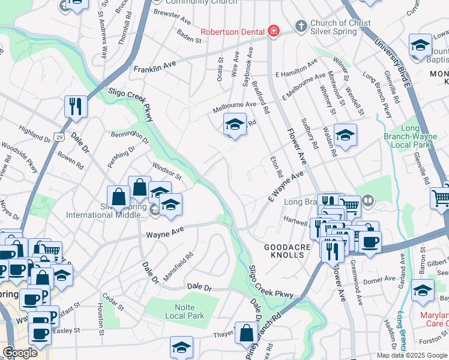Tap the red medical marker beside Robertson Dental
(274, 31)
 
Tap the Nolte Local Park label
(184, 311)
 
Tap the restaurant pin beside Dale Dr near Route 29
(76, 106)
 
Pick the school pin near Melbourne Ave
(235, 125)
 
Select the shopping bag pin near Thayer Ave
(246, 333)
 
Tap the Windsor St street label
(167, 172)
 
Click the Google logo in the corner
(20, 352)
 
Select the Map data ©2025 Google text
(412, 355)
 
